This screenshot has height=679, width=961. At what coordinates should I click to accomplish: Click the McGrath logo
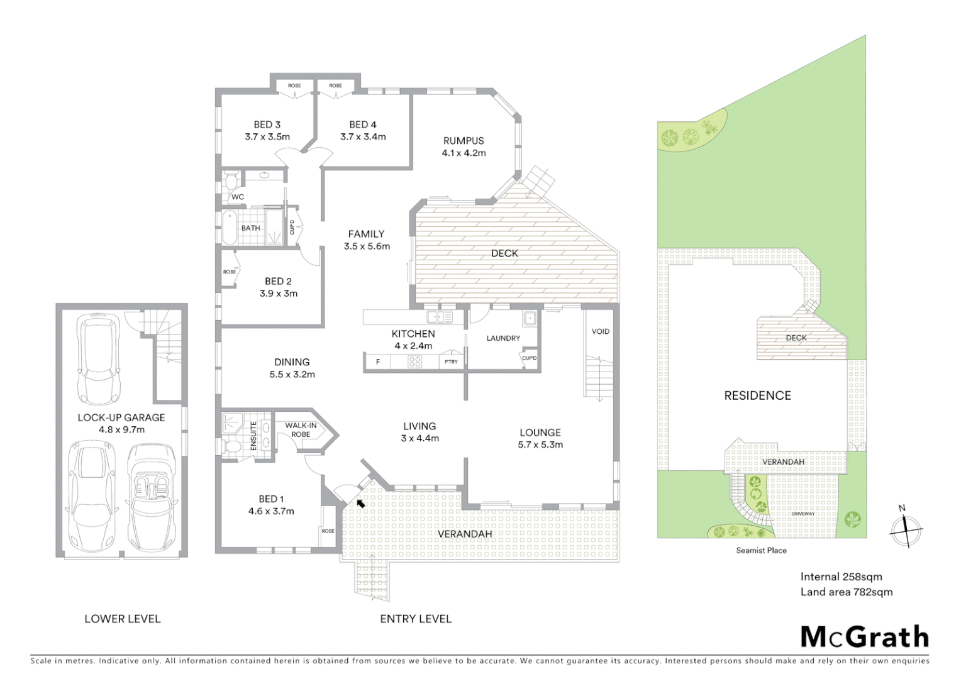point(864,637)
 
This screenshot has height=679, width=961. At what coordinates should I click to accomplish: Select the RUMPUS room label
point(464,141)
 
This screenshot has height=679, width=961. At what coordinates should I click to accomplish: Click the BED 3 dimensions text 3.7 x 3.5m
point(267,136)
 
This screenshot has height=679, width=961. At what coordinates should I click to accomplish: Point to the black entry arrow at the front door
point(360,502)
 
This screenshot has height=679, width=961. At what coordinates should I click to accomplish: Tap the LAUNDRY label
point(503,338)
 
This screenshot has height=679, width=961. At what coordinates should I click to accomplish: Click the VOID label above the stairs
point(600,331)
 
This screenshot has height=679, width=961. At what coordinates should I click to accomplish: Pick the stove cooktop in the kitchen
point(414,362)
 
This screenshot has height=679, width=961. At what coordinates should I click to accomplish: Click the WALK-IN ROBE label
point(301,430)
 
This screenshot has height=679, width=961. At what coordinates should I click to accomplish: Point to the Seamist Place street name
point(761,550)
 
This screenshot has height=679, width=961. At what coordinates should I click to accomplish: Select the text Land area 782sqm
point(846,592)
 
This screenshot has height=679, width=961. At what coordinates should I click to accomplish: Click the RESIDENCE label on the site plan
point(757,395)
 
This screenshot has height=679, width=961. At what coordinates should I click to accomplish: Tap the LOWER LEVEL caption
point(123,619)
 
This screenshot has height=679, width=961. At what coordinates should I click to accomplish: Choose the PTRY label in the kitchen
point(451,362)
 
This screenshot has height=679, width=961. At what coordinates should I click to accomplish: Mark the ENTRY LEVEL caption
point(416,619)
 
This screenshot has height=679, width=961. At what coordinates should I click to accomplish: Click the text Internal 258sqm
point(841,577)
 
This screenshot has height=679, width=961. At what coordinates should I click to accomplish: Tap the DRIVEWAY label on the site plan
point(803,514)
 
